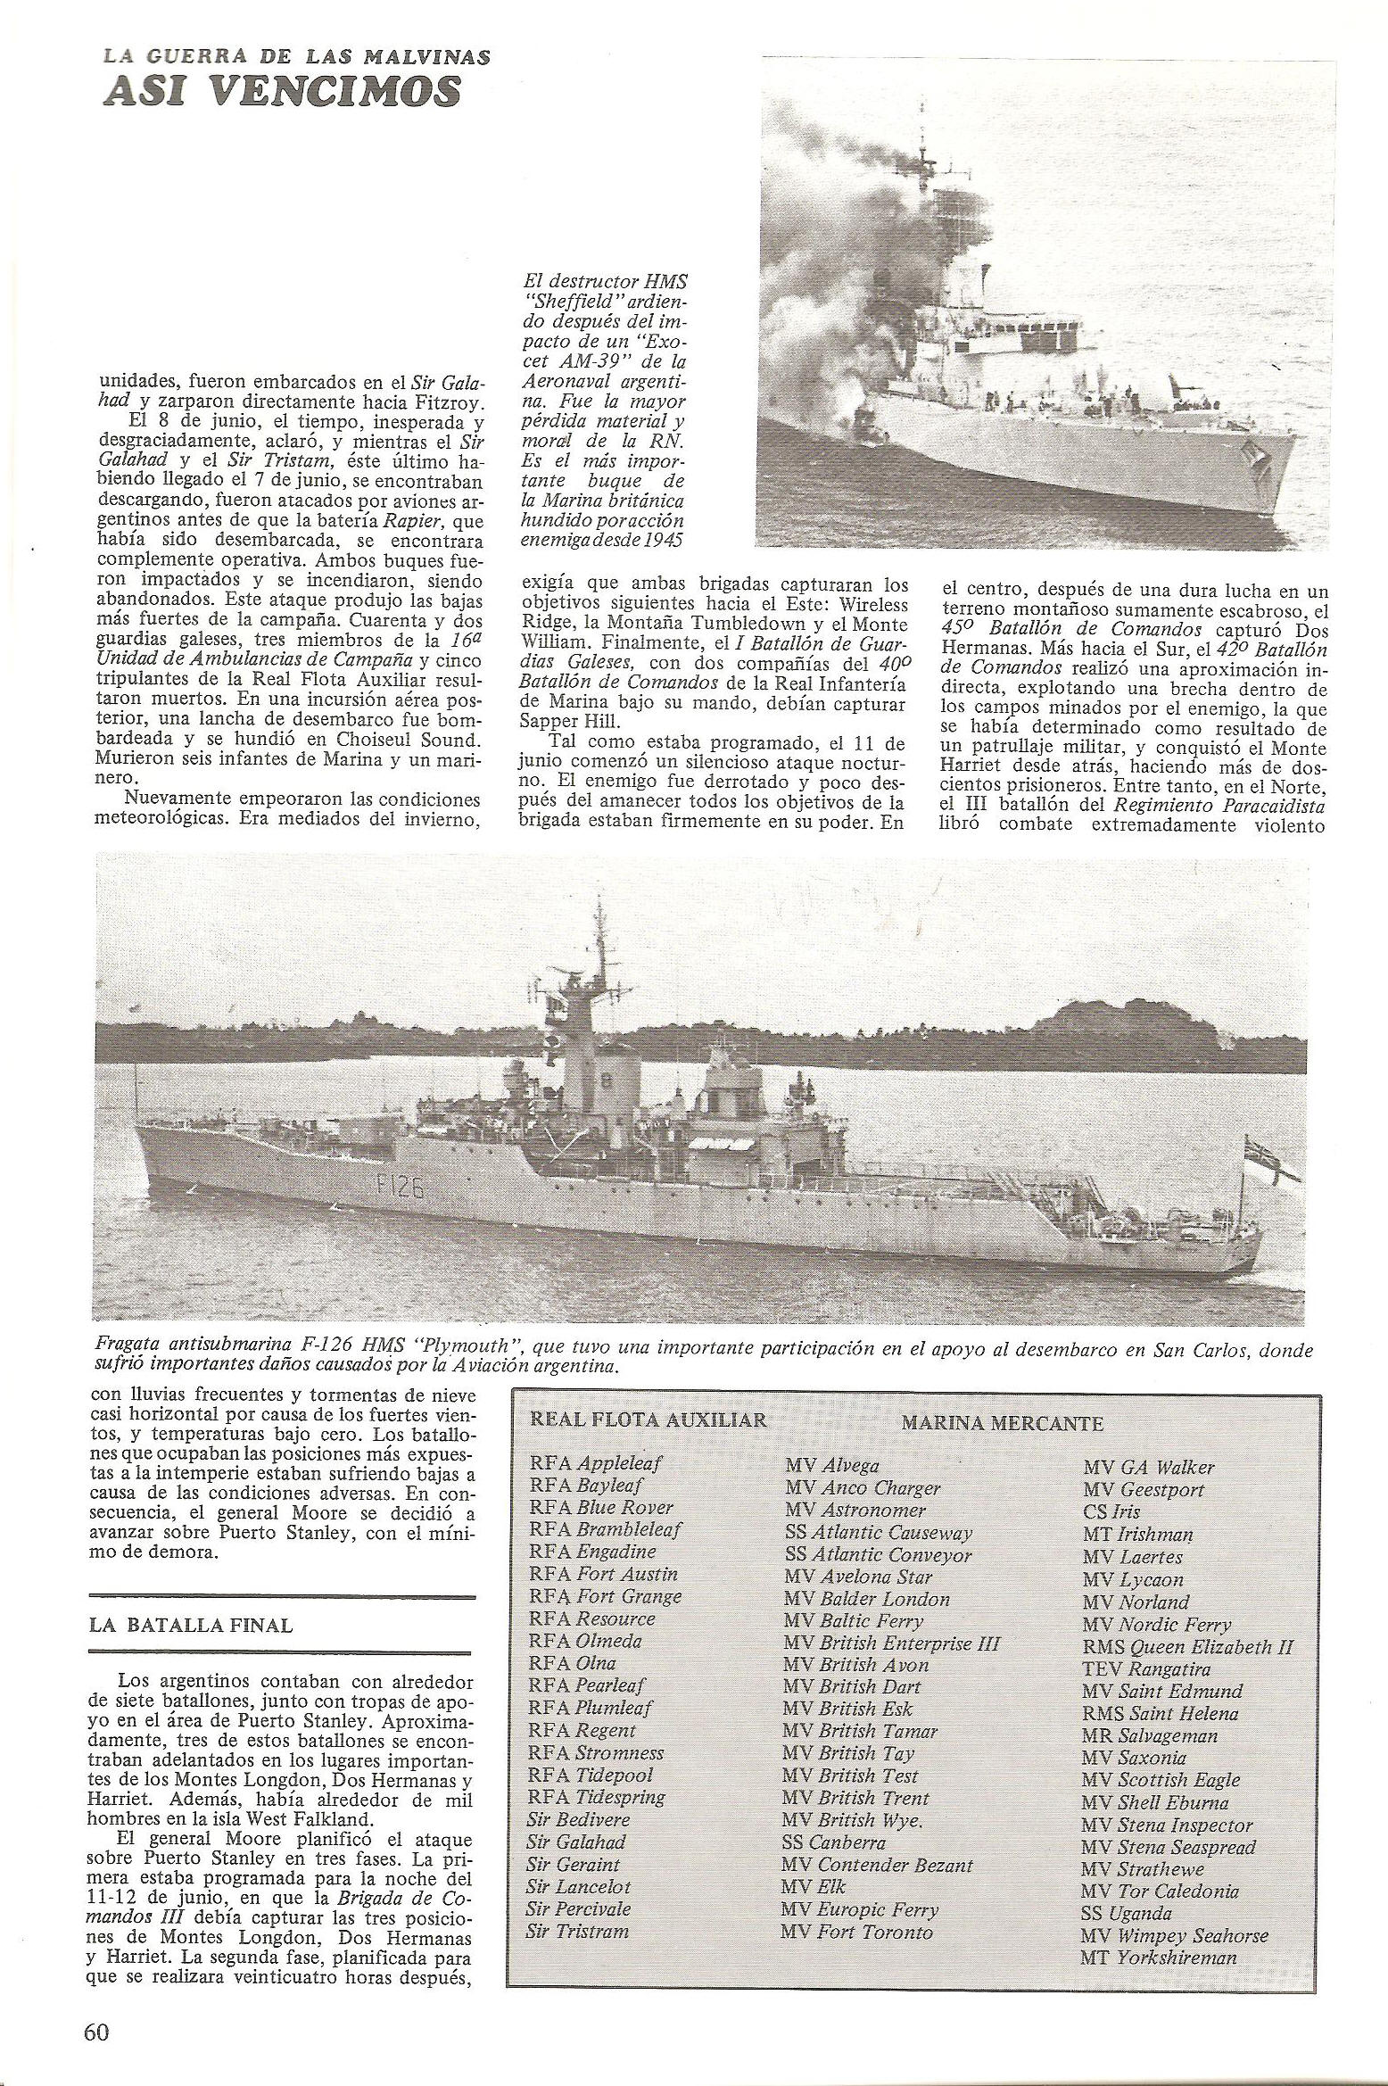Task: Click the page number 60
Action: click(x=96, y=2032)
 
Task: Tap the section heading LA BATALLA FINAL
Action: click(x=191, y=1625)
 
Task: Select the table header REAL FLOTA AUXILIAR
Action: click(x=649, y=1420)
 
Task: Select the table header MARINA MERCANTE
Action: click(x=1002, y=1422)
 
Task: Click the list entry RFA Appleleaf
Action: click(x=595, y=1463)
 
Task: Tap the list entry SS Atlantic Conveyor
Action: click(x=878, y=1554)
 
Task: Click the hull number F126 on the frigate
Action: click(x=392, y=1189)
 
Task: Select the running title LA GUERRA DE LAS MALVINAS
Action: click(x=296, y=57)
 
